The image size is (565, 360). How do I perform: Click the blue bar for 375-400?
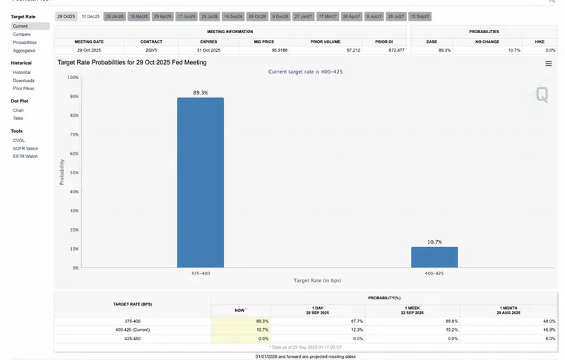201,182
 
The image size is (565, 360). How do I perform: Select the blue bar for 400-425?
434,257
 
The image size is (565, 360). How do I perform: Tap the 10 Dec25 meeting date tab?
90,16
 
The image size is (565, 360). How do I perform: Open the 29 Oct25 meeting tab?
66,16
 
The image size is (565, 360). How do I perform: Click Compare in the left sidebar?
22,34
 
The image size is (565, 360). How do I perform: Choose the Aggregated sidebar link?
24,51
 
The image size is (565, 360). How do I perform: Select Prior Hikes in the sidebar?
23,88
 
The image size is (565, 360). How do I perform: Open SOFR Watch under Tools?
25,148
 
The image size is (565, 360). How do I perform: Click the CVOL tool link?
19,140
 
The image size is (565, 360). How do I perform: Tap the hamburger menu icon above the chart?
549,64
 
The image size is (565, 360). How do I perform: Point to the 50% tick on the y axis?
73,172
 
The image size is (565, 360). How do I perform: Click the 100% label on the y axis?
73,77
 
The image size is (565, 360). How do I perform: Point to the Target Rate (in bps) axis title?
317,280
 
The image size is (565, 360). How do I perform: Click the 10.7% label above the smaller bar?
434,242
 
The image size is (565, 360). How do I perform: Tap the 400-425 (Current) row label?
132,330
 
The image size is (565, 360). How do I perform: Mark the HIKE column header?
540,42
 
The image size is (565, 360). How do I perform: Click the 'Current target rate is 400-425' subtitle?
306,71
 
